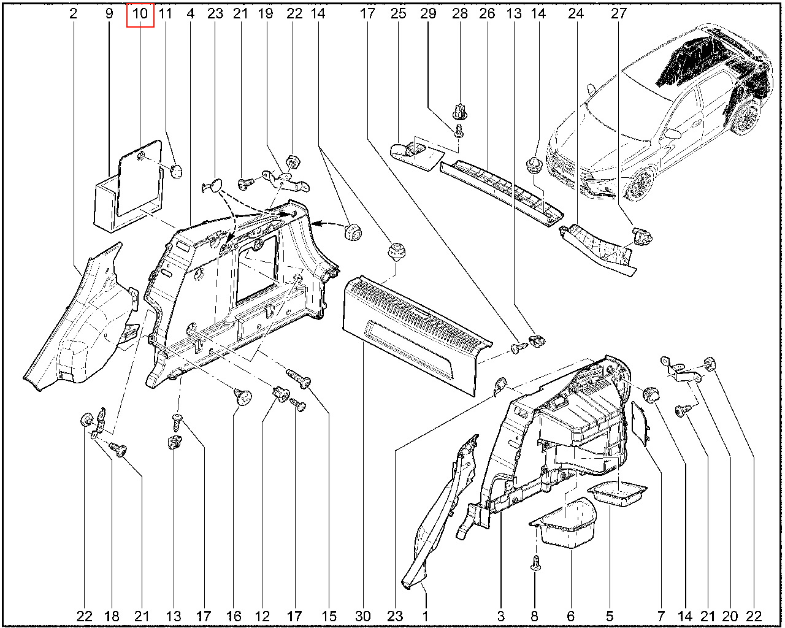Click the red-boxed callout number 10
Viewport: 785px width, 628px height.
(x=140, y=13)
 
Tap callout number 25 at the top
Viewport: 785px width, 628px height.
(x=399, y=13)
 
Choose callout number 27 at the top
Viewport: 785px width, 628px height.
(x=619, y=13)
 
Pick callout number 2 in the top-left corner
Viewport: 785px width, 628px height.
(x=74, y=13)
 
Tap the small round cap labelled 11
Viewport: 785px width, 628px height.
(x=177, y=170)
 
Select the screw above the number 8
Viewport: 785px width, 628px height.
(x=535, y=562)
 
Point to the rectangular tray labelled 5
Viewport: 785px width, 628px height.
(x=618, y=493)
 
